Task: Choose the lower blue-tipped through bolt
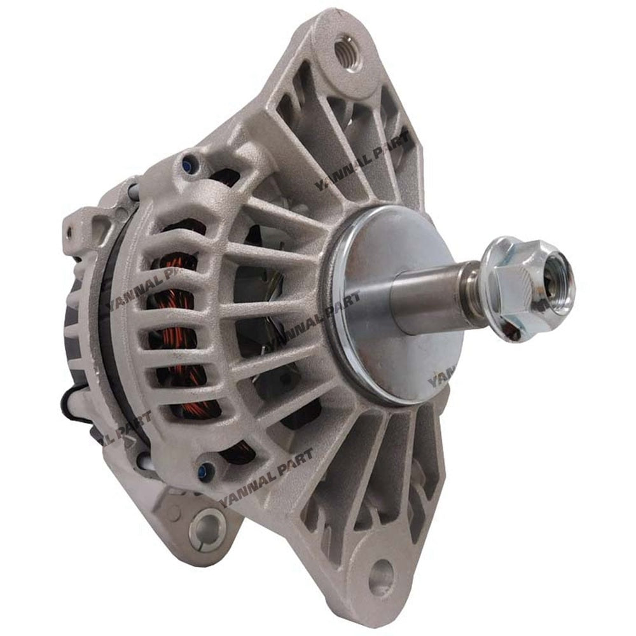pos(203,471)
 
